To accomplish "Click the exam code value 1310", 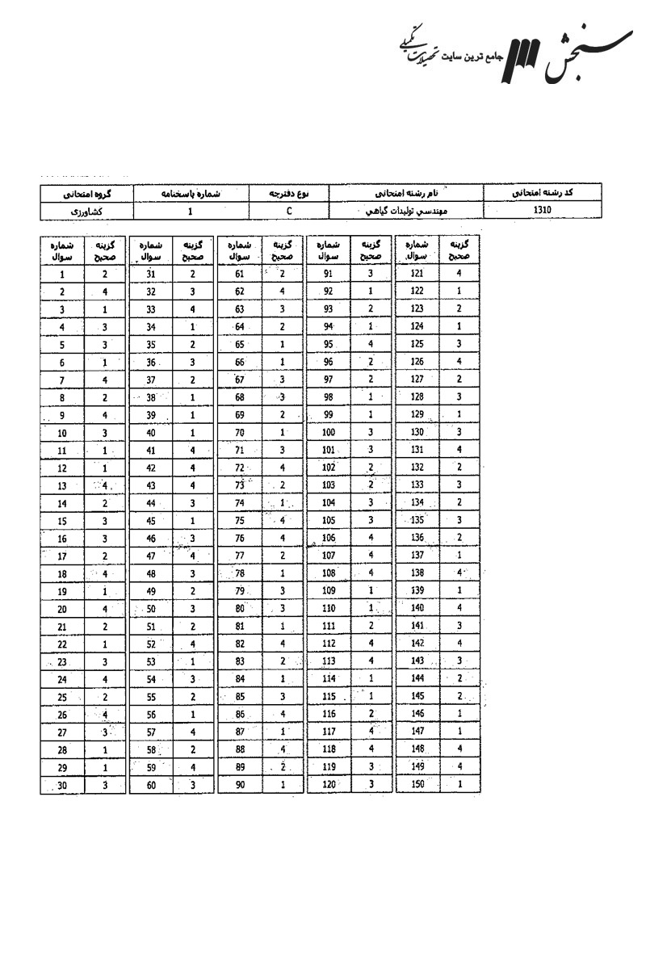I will tap(543, 209).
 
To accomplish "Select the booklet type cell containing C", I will tap(288, 210).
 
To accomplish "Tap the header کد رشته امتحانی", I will tap(543, 193).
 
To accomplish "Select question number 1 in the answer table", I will tap(62, 275).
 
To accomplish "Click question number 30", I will tap(62, 785).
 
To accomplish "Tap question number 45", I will tap(151, 521).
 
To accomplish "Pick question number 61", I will tap(240, 275).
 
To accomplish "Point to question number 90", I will tap(240, 785).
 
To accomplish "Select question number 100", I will tap(328, 433).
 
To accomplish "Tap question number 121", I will tap(417, 275).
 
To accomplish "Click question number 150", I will tap(417, 785).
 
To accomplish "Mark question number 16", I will tap(62, 539).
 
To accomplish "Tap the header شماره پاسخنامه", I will tap(190, 194).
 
